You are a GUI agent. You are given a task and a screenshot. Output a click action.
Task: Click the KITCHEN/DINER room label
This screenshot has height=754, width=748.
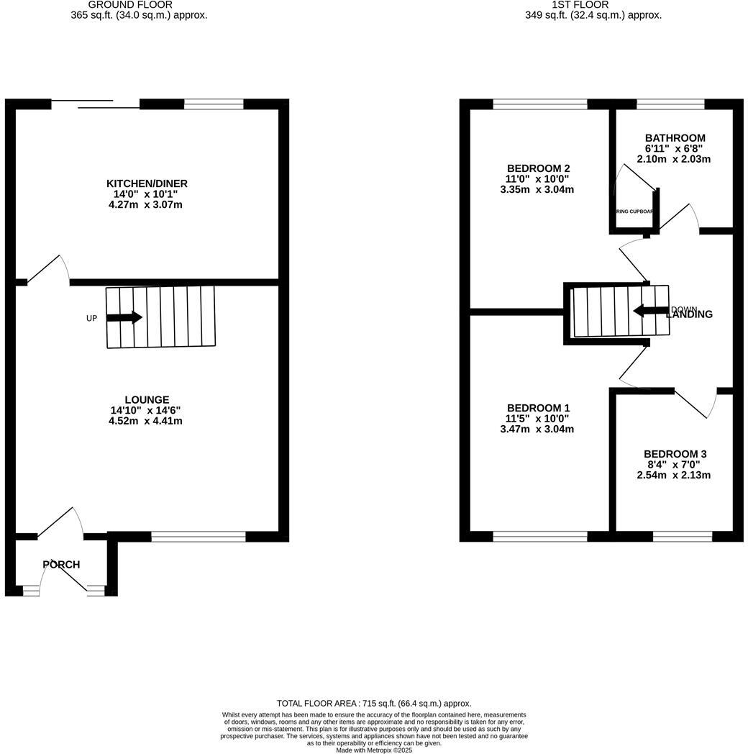tap(147, 184)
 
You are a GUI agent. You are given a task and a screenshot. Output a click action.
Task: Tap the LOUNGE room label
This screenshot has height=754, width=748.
tap(147, 400)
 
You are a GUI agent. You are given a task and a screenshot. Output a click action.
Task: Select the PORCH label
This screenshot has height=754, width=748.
tap(61, 565)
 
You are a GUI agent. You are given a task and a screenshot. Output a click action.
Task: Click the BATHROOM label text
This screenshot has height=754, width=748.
tap(675, 138)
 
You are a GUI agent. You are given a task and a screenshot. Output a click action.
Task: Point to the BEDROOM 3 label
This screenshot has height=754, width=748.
tap(675, 454)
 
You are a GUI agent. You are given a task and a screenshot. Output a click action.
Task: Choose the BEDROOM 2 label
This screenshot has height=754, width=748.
tap(538, 168)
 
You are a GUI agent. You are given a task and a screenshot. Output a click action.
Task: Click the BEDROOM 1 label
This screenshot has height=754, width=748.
tap(538, 408)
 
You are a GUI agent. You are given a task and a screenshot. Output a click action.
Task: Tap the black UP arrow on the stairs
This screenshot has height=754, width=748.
tap(124, 317)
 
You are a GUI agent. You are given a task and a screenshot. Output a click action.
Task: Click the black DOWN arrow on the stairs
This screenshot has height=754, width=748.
tap(650, 311)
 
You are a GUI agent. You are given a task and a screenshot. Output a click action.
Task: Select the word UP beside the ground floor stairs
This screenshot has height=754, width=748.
tap(91, 318)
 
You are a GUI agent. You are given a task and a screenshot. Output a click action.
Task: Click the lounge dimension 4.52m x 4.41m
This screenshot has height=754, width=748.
tap(145, 421)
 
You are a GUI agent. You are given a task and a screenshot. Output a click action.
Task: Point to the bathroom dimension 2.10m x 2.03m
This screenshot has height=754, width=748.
tap(674, 159)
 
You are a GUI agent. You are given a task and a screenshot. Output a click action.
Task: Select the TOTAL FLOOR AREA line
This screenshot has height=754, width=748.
tap(374, 703)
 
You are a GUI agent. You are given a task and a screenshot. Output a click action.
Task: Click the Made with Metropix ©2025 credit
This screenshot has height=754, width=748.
tap(374, 750)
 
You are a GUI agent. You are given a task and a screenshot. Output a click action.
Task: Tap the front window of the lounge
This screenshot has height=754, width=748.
tap(199, 536)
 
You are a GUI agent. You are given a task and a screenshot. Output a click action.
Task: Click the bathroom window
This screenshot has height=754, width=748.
tap(670, 104)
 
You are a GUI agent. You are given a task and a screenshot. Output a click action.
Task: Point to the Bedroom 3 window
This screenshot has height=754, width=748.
tap(682, 536)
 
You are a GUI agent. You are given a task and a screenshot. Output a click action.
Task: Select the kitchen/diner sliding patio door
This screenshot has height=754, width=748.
tap(96, 104)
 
